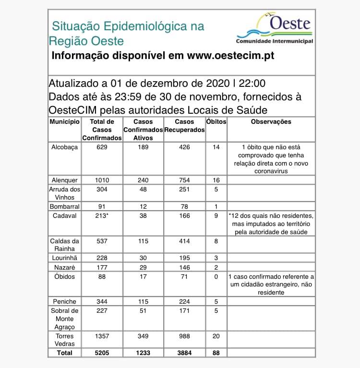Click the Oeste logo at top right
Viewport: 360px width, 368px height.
[275, 29]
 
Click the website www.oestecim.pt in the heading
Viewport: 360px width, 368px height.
[230, 56]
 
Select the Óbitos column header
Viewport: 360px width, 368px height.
[216, 122]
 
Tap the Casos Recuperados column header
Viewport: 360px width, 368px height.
[184, 126]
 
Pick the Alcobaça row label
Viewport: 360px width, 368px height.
[64, 147]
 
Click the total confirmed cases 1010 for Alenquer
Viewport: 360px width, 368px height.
[101, 180]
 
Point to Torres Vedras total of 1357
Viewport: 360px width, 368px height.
[101, 336]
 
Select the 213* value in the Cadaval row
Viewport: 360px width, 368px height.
[102, 215]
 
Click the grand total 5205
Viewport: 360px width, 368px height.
[101, 353]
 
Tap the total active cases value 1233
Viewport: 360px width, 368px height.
[143, 353]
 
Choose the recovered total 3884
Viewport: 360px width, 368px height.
[184, 353]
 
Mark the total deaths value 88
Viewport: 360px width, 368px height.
[216, 353]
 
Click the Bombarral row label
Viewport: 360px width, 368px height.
[64, 206]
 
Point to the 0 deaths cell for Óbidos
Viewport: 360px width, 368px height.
[216, 277]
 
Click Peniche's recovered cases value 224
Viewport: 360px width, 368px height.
[184, 301]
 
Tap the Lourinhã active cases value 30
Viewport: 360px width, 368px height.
[143, 258]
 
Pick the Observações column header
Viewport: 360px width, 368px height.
[271, 122]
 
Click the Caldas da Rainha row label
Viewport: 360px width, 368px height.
[64, 245]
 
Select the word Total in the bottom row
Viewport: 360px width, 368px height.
[64, 353]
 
